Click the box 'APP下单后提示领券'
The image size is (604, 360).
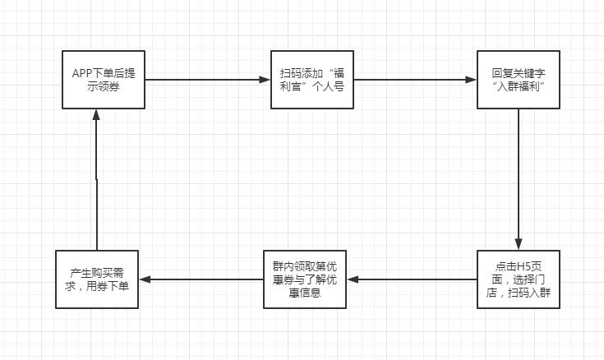point(104,80)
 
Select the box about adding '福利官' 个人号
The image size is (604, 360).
point(311,80)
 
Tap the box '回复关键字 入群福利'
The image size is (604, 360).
point(519,80)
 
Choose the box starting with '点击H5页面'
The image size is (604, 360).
point(519,279)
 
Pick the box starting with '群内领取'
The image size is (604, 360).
point(305,279)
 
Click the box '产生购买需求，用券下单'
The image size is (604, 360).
point(97,279)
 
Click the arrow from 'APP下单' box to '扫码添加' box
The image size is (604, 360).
point(207,80)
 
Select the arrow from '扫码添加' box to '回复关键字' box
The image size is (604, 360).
point(415,80)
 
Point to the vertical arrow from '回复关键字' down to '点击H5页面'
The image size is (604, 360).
point(519,177)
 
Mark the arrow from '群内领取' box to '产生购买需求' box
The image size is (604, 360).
point(201,279)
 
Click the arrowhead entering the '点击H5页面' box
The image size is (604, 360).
point(519,245)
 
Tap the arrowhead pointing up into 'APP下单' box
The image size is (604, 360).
point(96,114)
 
